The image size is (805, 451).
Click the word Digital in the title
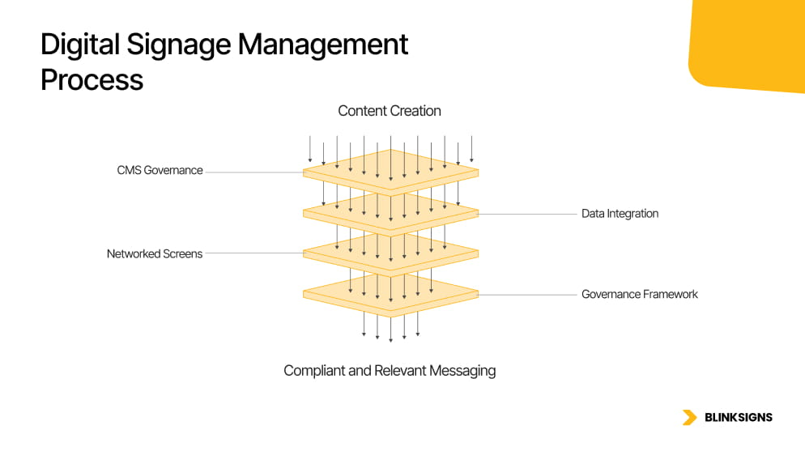coord(80,45)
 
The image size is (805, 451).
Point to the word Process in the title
coord(92,80)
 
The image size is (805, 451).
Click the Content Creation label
coord(390,111)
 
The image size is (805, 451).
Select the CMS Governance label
coord(160,171)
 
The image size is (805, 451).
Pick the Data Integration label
coord(620,214)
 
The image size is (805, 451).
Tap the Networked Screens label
coord(155,253)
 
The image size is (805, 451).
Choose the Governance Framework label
coord(639,294)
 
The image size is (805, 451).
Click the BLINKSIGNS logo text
coord(739,418)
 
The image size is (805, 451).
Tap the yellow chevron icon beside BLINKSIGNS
coord(689,418)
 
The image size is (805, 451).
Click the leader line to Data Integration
coord(526,214)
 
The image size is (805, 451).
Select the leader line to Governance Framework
coord(526,295)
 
